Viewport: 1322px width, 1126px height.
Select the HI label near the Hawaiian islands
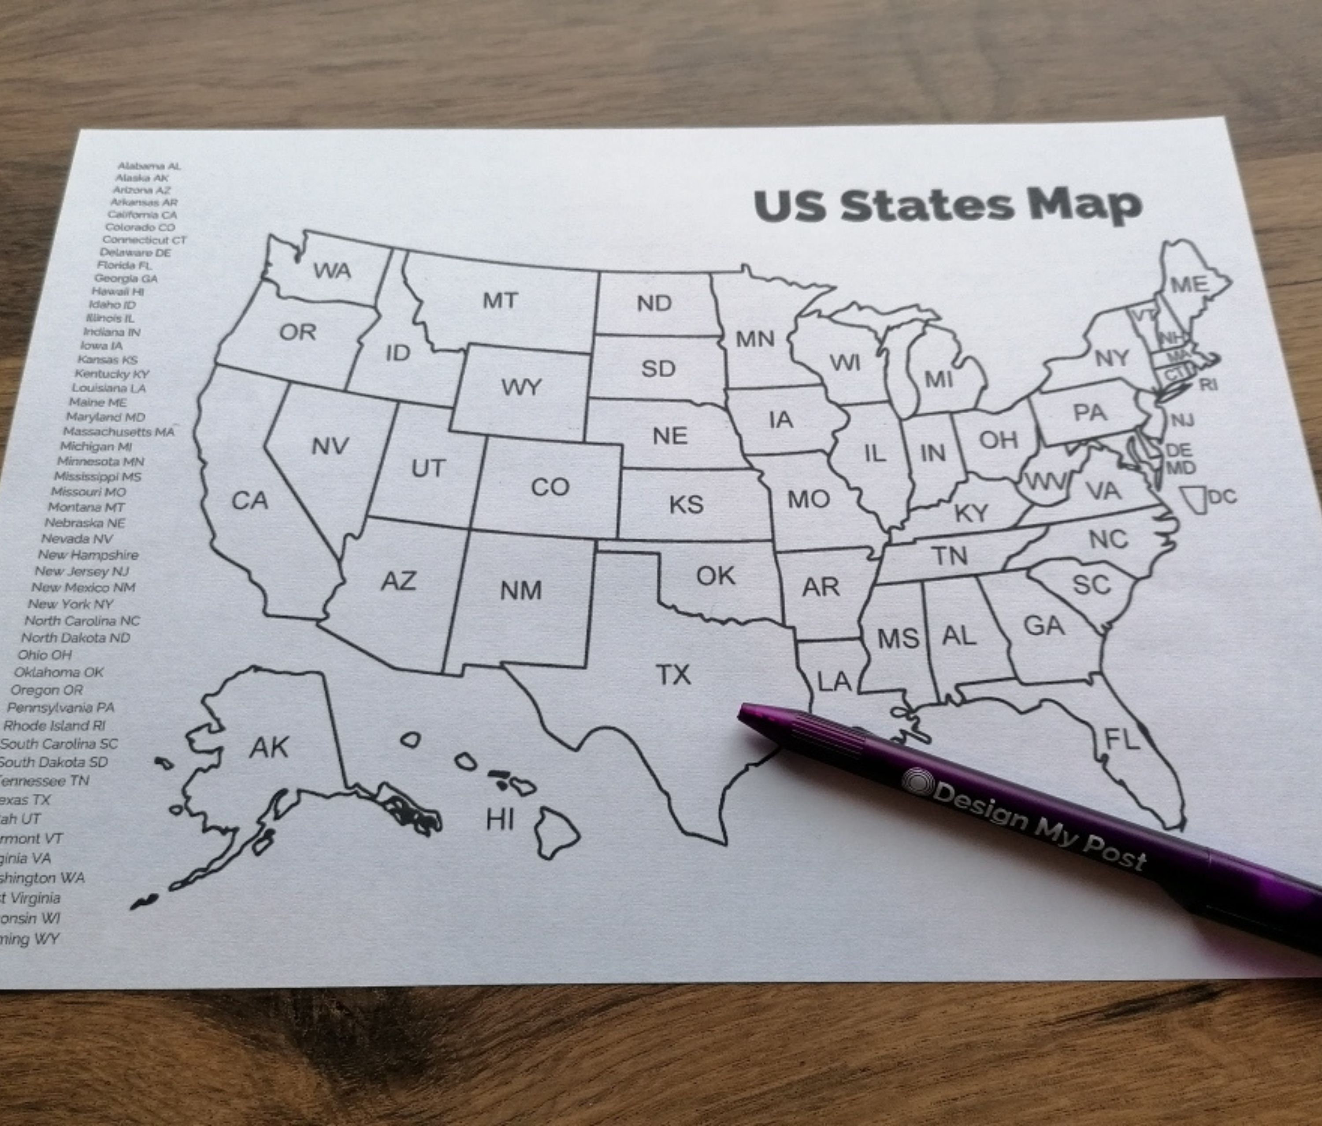click(x=500, y=820)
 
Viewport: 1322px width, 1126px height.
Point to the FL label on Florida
click(x=1121, y=740)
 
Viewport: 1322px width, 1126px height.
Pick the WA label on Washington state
click(x=332, y=271)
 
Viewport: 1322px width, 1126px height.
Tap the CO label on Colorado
click(x=550, y=487)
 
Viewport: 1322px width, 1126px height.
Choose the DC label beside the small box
click(x=1221, y=496)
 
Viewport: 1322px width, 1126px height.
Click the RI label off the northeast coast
click(x=1208, y=385)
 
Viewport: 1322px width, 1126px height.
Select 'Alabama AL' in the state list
click(x=149, y=166)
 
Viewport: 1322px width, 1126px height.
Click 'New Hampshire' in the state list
click(x=88, y=555)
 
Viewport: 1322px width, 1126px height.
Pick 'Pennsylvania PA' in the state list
click(x=61, y=707)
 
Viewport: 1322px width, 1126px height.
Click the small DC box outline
click(x=1192, y=499)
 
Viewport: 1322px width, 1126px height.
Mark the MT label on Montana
click(x=500, y=301)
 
